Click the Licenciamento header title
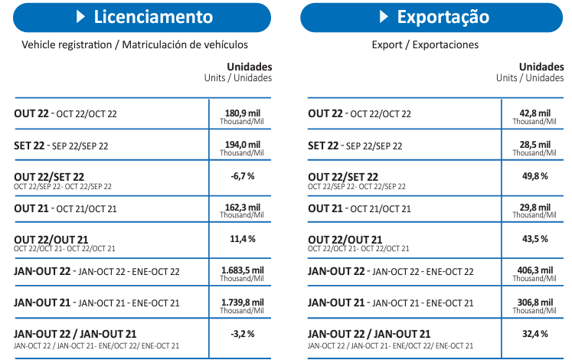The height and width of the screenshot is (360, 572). click(153, 17)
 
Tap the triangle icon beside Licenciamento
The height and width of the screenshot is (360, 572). click(80, 17)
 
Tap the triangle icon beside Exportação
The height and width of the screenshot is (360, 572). click(384, 17)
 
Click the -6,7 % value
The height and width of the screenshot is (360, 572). click(242, 176)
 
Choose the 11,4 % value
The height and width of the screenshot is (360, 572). click(242, 239)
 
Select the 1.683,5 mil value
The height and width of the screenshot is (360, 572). click(242, 270)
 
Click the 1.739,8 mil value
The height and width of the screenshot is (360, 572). click(242, 302)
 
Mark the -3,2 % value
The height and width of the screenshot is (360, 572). click(242, 333)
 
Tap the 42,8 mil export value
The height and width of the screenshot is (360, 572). click(534, 113)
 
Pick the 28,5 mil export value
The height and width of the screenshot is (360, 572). click(534, 145)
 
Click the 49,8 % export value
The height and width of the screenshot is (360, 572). click(534, 176)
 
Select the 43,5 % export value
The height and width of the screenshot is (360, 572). click(534, 239)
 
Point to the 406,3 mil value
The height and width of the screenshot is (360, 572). click(534, 270)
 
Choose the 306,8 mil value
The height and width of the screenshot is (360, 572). click(534, 302)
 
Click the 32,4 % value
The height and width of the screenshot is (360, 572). click(534, 333)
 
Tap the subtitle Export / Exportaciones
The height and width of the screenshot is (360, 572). click(425, 44)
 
